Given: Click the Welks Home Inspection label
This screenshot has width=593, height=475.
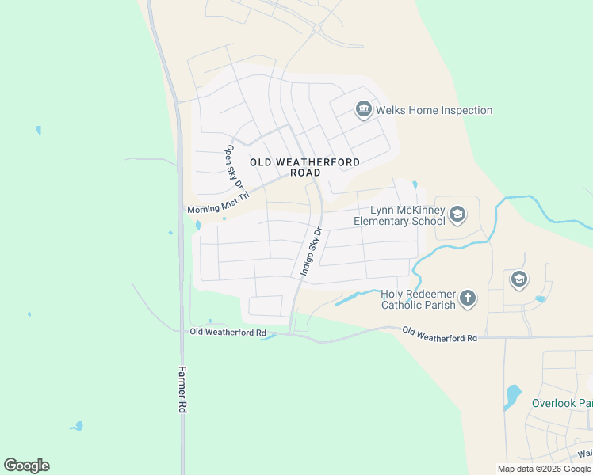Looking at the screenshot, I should pyautogui.click(x=434, y=110).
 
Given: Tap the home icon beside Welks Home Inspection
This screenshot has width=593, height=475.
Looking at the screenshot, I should pyautogui.click(x=364, y=109).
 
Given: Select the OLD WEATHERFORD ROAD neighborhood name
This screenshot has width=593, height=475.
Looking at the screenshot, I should pyautogui.click(x=305, y=167).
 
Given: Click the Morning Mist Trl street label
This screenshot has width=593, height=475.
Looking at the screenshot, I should pyautogui.click(x=218, y=203).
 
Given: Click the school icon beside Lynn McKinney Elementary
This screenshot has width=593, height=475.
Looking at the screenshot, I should pyautogui.click(x=457, y=214).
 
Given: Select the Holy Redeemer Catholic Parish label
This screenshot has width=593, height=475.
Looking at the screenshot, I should pyautogui.click(x=418, y=299).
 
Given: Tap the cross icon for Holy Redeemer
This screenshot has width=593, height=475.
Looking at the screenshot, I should pyautogui.click(x=468, y=298).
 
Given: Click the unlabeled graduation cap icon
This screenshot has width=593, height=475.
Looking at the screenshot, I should pyautogui.click(x=518, y=279).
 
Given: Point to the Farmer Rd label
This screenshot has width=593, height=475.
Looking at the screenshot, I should pyautogui.click(x=182, y=389).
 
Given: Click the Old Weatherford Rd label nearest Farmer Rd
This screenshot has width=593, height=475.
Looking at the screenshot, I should pyautogui.click(x=228, y=332).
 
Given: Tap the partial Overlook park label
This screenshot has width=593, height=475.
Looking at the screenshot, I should pyautogui.click(x=561, y=403).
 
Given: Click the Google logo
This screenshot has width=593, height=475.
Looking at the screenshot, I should pyautogui.click(x=26, y=465).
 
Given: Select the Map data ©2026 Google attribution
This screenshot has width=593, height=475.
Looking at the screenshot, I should pyautogui.click(x=544, y=469).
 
